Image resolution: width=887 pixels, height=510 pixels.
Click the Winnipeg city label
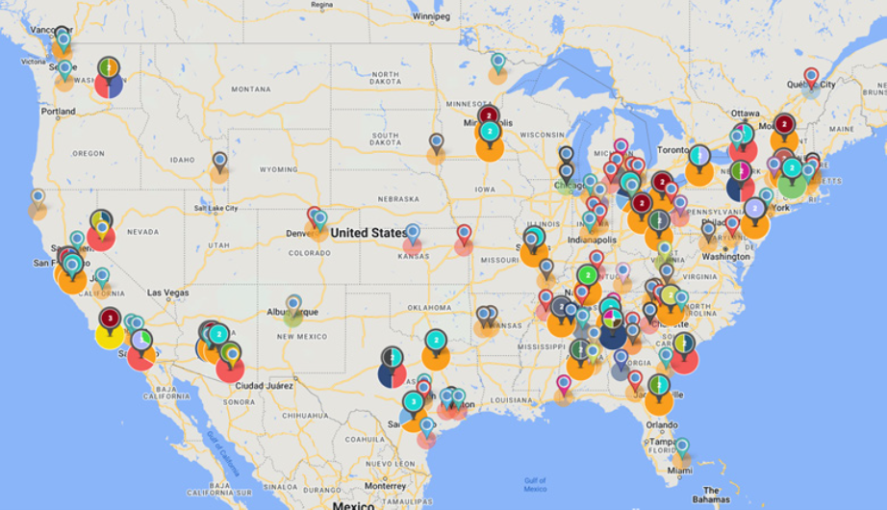[430, 16]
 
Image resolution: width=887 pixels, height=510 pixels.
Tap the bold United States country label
[368, 233]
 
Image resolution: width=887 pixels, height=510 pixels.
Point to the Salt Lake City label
[216, 209]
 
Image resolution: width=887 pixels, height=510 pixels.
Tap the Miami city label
[679, 471]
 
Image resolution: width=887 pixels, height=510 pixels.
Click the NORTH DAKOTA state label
[385, 78]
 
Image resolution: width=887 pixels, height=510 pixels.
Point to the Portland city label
[58, 112]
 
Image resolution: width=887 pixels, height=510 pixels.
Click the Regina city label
[322, 5]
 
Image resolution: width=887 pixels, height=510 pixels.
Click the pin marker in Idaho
[219, 161]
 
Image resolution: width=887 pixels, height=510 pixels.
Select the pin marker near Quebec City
[811, 76]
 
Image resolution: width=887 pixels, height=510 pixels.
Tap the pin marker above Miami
[681, 446]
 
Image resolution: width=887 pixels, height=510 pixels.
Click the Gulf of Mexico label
[536, 484]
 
